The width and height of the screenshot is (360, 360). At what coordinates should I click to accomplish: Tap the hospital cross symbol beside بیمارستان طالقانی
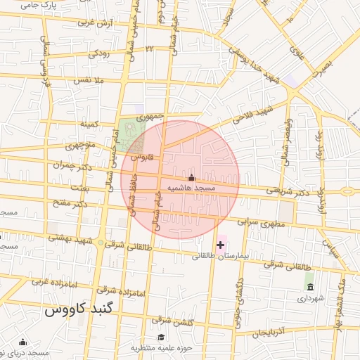coord(221,245)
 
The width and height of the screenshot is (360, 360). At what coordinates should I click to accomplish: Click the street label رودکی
coord(99,53)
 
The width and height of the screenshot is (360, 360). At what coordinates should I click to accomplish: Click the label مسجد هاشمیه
coord(191,189)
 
